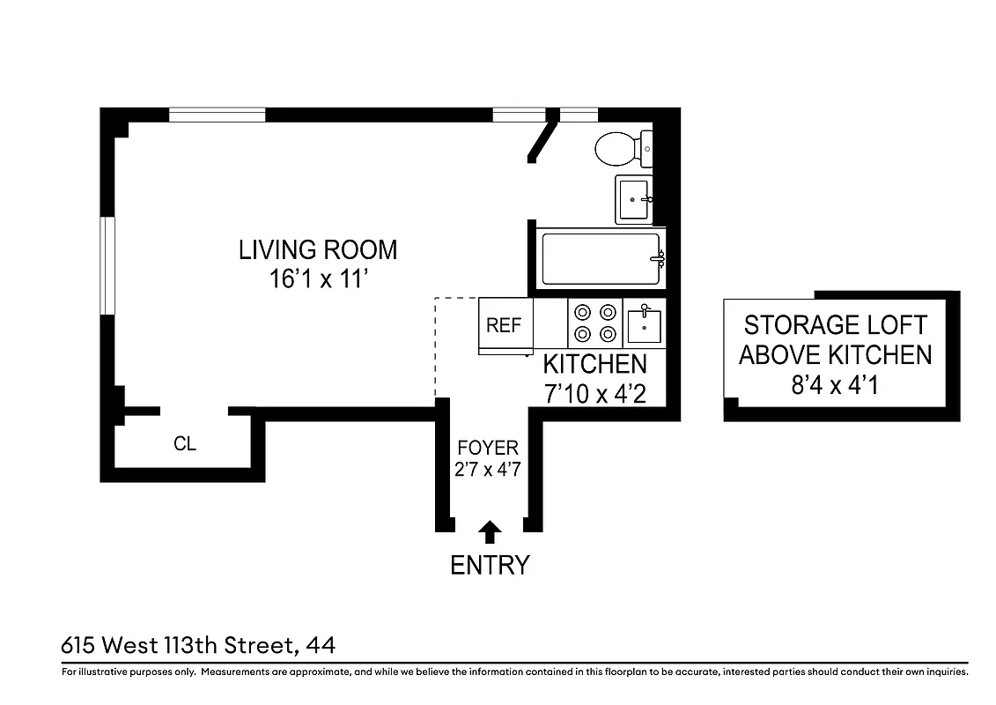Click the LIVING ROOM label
(318, 250)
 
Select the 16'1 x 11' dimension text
(318, 280)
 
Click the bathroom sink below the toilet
(633, 200)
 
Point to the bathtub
(600, 258)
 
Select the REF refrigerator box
(504, 325)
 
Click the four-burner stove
(594, 323)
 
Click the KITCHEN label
(594, 364)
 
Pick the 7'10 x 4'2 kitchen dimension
(595, 394)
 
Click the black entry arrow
(490, 531)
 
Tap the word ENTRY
(490, 565)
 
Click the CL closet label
(185, 444)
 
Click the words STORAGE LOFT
(835, 325)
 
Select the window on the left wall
(107, 264)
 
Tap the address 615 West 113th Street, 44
(198, 646)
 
